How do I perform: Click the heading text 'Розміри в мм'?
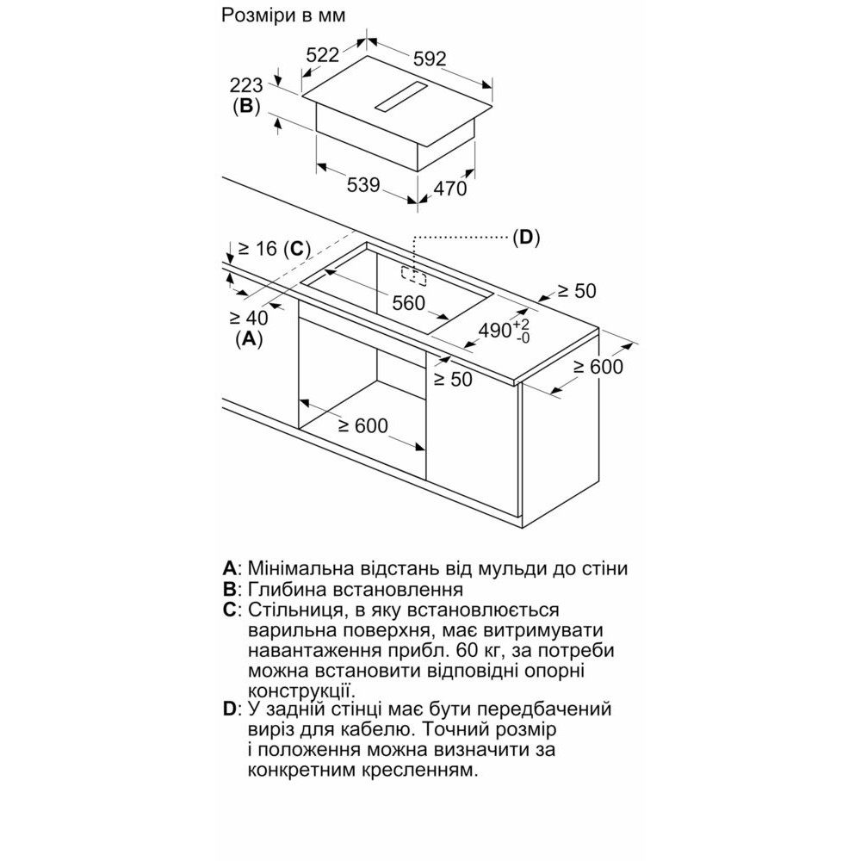[283, 15]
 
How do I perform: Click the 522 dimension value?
[322, 55]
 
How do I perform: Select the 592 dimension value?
[430, 59]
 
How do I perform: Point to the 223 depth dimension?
[246, 85]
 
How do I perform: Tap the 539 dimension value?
[363, 185]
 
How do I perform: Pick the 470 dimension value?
[450, 189]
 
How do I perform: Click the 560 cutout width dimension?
[408, 302]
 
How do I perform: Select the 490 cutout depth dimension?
[504, 331]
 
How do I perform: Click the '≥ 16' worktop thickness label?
[257, 249]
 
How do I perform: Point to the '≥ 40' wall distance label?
[249, 318]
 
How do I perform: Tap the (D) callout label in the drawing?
[526, 238]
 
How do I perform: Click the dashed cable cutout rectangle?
[413, 276]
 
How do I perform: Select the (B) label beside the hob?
[246, 105]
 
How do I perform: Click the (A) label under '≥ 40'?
[249, 338]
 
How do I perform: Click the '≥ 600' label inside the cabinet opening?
[363, 425]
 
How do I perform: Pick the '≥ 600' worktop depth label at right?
[598, 367]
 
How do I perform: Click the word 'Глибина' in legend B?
[286, 589]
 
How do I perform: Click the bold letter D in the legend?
[230, 709]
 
